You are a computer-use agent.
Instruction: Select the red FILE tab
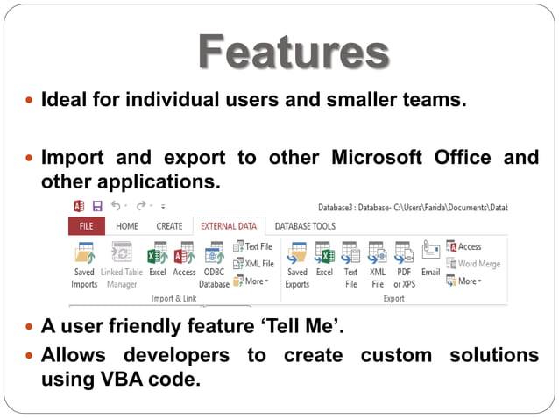[x=86, y=226]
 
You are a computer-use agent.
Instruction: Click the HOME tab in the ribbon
[x=127, y=226]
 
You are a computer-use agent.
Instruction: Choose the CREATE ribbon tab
[x=169, y=226]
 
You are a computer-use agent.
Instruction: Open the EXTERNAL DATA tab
[x=229, y=226]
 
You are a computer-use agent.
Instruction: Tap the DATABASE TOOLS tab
[x=305, y=226]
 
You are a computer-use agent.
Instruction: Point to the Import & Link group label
[x=174, y=298]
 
